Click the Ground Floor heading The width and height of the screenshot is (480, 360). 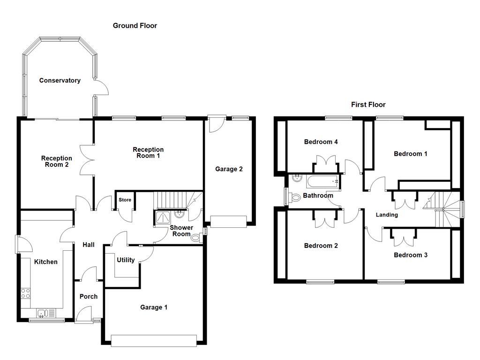[x=135, y=26]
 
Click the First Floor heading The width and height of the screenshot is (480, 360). [x=368, y=105]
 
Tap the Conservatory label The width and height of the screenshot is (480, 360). [x=60, y=81]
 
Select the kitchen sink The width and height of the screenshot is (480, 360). [x=43, y=313]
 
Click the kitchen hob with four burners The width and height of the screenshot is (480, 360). [x=26, y=293]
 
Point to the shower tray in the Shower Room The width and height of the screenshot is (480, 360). [x=162, y=216]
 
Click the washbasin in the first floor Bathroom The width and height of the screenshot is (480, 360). [x=296, y=179]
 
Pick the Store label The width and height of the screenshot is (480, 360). [x=125, y=200]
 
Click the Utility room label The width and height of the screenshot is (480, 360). [x=126, y=260]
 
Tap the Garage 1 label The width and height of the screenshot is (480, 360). [x=154, y=307]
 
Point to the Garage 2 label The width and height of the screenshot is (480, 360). [x=229, y=169]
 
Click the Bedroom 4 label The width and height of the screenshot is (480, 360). [x=321, y=142]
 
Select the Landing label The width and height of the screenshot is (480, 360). [x=387, y=215]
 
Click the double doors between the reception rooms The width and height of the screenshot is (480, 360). [x=88, y=160]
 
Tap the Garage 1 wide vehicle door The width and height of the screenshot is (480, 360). [x=154, y=340]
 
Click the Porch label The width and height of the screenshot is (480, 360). [x=88, y=296]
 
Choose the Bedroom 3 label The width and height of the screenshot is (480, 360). [x=411, y=255]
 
